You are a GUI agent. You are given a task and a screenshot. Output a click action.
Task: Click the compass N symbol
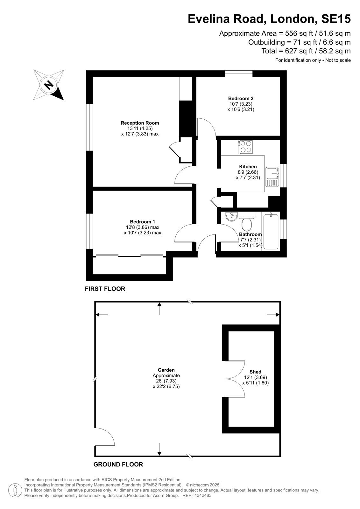[x=48, y=85]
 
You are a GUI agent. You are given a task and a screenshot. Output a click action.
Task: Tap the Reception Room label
[x=140, y=123]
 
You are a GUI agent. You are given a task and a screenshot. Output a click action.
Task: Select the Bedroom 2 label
[x=241, y=98]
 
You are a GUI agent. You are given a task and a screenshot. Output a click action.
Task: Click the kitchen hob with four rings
[x=245, y=147]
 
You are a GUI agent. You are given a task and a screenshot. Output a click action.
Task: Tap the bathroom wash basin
[x=232, y=216]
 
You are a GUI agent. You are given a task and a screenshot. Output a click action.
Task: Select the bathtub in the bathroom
[x=271, y=231]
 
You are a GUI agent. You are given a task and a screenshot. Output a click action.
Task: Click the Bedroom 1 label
[x=142, y=221]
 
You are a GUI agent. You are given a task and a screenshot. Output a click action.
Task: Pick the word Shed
[x=255, y=372]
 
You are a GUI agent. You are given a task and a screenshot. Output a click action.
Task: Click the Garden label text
[x=166, y=370]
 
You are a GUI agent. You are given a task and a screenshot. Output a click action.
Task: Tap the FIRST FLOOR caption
[x=105, y=289]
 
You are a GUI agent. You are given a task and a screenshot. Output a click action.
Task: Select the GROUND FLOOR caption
[x=118, y=464]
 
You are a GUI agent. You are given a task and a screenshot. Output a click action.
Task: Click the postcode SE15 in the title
[x=336, y=19]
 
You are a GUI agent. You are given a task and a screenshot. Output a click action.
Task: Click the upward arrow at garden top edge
[x=159, y=308]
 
